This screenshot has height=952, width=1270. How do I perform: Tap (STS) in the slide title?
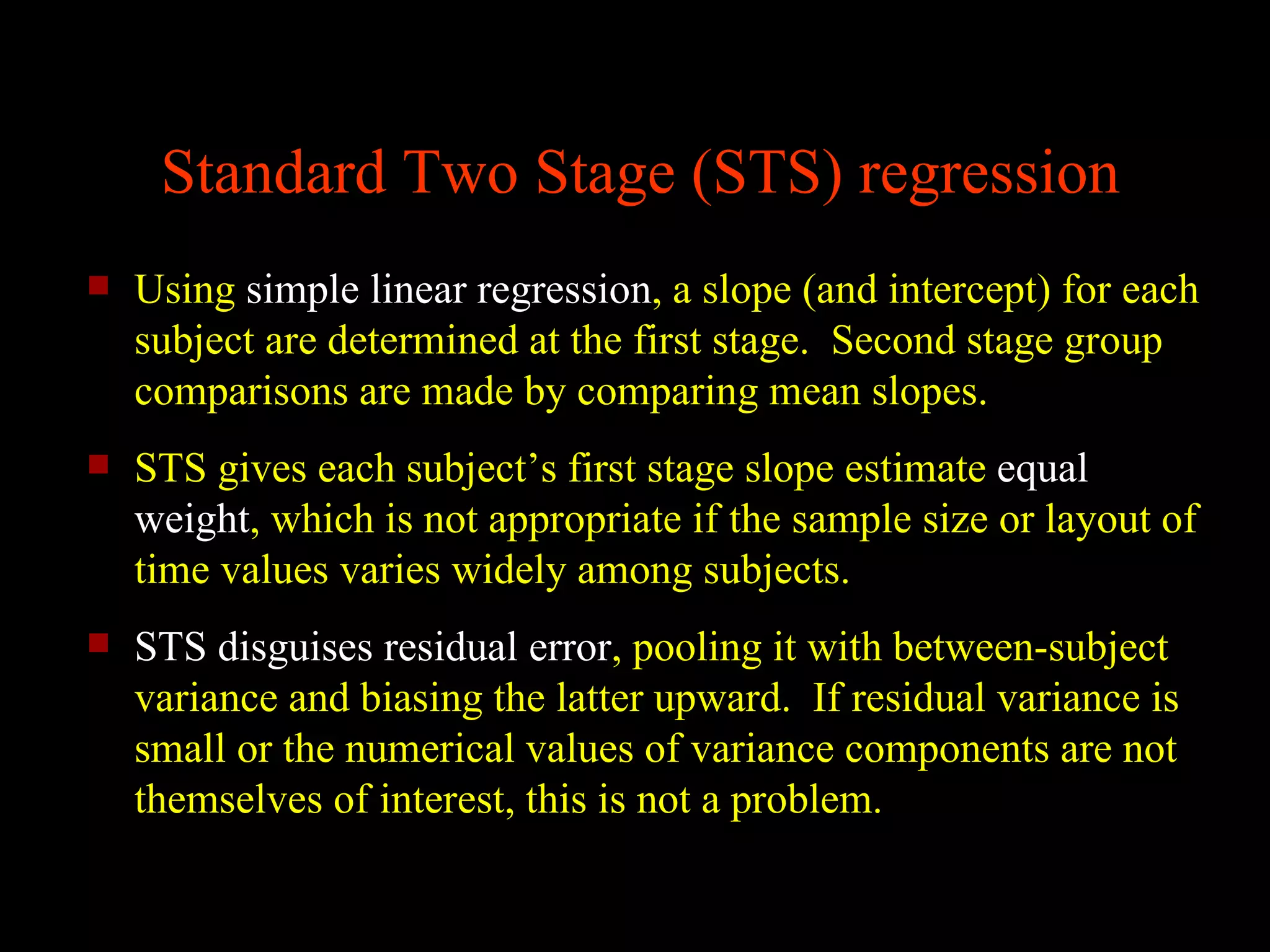pyautogui.click(x=767, y=175)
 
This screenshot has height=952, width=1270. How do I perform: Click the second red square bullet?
pyautogui.click(x=99, y=464)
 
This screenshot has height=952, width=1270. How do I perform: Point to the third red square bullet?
pyautogui.click(x=99, y=643)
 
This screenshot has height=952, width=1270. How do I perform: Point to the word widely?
pyautogui.click(x=508, y=571)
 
